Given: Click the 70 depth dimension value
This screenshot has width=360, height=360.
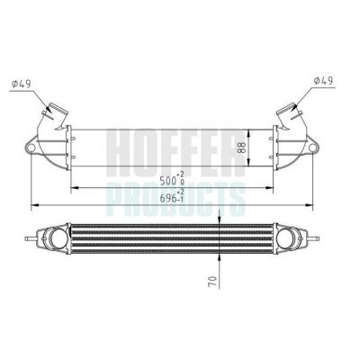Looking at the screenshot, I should click(x=213, y=280).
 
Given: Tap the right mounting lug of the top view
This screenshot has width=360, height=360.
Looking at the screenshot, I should click(x=316, y=145).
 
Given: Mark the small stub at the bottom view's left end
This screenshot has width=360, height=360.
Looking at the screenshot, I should click(x=33, y=238).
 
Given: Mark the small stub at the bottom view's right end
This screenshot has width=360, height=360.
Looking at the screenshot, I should click(x=320, y=239).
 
